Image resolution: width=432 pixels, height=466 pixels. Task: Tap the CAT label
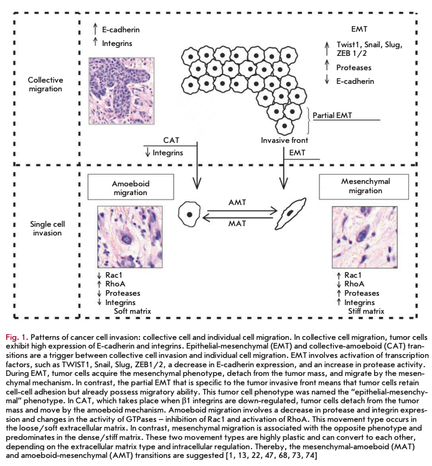171,141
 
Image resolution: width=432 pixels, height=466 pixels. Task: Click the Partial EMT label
331,115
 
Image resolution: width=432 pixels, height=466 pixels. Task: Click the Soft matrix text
132,310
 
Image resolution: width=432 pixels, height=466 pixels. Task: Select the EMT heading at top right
359,29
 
